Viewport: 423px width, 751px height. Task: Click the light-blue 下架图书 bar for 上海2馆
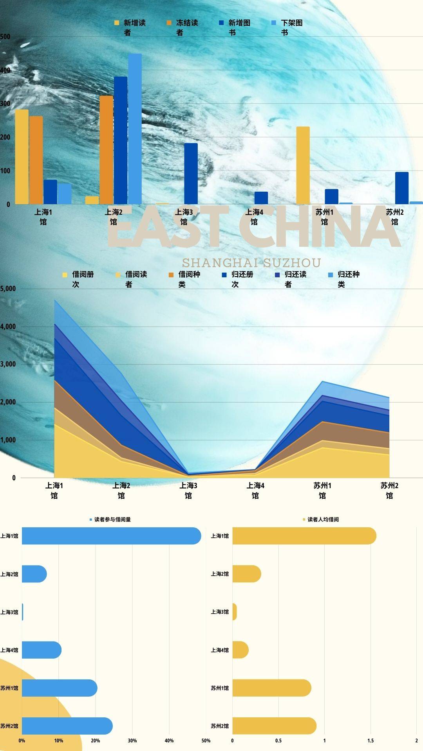[135, 129]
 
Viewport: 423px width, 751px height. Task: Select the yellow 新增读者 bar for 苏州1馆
[303, 165]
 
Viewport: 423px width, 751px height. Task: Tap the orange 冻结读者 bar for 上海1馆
[36, 160]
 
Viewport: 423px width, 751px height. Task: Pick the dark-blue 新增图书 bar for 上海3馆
[191, 174]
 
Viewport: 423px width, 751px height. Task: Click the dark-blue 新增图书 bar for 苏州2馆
[401, 188]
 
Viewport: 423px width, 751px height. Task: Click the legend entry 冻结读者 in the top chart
[183, 27]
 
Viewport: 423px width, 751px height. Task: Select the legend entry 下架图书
[287, 27]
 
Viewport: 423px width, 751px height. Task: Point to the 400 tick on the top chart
[5, 70]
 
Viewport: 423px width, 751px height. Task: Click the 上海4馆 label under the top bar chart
[254, 217]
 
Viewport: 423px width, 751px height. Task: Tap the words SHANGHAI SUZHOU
[251, 262]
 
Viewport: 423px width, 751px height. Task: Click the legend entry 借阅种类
[184, 279]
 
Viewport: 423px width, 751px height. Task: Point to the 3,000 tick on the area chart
[8, 364]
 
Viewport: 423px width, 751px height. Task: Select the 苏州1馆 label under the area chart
[322, 490]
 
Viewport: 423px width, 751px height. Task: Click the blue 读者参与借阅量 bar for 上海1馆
[111, 535]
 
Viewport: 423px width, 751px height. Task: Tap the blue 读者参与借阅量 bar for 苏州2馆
[67, 726]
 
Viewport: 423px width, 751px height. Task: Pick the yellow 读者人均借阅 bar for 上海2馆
[246, 574]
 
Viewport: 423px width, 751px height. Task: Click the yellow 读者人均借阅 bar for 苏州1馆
[271, 688]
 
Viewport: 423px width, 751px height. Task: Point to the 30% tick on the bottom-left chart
[132, 740]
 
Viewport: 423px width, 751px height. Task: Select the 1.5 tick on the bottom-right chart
[371, 740]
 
